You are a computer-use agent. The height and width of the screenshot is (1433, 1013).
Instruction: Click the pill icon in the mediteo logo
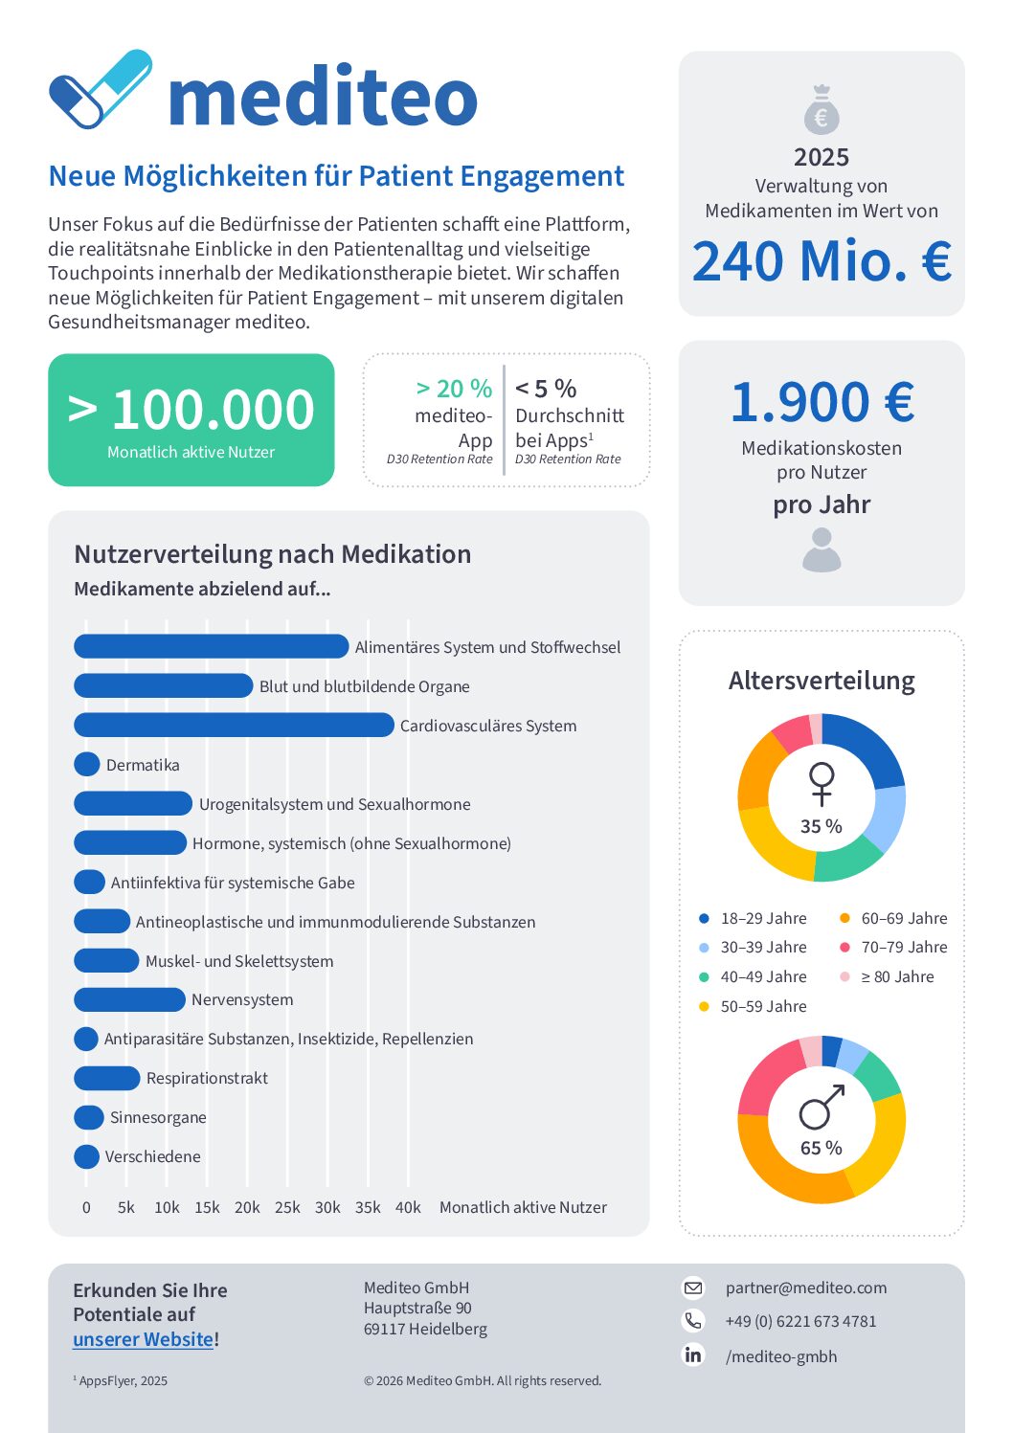click(100, 88)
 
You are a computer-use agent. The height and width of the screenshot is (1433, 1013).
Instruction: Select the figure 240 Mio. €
click(822, 261)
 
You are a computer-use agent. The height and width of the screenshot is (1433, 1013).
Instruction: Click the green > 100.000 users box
click(191, 419)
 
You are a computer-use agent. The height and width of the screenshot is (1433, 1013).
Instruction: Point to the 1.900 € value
click(822, 402)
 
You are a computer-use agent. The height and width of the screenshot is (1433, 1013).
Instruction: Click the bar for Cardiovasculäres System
click(234, 726)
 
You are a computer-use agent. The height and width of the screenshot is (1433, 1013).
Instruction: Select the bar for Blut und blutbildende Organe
click(163, 686)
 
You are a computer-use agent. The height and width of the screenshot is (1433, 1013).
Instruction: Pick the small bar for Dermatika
click(87, 764)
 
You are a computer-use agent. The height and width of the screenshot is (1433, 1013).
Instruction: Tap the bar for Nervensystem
click(129, 999)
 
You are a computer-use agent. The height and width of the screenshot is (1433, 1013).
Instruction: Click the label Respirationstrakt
click(207, 1078)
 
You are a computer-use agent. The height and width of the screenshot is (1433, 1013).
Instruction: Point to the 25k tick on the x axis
click(287, 1207)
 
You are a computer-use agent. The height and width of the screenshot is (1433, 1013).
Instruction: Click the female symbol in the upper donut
click(822, 783)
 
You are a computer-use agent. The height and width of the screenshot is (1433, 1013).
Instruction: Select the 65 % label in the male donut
click(822, 1148)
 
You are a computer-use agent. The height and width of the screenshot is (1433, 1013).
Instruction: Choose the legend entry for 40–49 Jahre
click(763, 976)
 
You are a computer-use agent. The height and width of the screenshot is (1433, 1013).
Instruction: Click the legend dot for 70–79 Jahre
click(844, 947)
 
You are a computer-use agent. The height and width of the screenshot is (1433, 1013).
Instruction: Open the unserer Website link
click(143, 1339)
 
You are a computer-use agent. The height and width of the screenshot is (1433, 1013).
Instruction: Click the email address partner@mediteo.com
click(806, 1287)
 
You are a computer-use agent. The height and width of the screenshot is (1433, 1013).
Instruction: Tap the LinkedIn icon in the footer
click(693, 1355)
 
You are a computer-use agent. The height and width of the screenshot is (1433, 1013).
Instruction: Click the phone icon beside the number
click(693, 1321)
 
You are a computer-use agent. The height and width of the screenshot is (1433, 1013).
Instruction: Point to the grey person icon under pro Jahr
click(822, 551)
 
